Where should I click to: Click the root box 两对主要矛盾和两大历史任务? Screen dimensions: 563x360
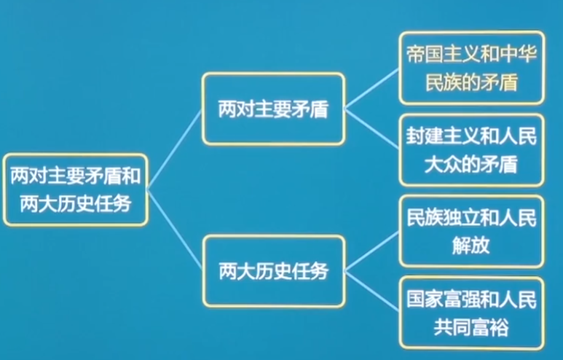click(75, 189)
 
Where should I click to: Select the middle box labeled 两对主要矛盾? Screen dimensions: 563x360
click(273, 109)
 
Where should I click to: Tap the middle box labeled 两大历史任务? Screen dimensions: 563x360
click(273, 271)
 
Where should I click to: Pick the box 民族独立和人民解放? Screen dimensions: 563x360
click(471, 232)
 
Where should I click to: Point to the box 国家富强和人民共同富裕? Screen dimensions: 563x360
click(471, 313)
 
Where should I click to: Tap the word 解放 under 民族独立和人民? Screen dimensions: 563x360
click(471, 246)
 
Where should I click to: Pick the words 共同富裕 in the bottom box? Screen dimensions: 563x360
click(471, 327)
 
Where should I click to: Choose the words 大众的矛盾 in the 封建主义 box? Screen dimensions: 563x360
click(471, 165)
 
